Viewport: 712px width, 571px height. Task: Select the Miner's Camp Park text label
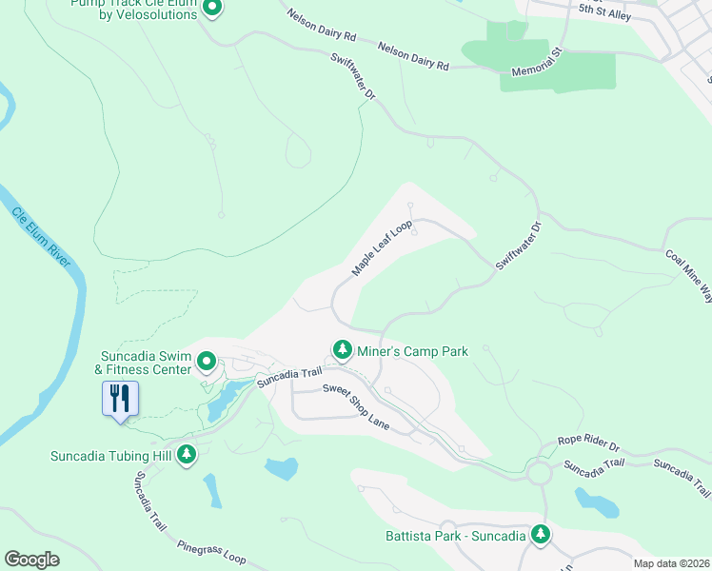tap(412, 351)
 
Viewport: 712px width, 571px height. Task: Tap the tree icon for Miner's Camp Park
tap(342, 351)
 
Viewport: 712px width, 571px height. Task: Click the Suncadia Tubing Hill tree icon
tap(188, 455)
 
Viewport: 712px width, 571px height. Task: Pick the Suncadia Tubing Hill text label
tap(110, 455)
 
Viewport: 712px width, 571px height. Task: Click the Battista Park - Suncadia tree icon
tap(541, 535)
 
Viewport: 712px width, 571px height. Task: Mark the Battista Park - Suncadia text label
tap(455, 536)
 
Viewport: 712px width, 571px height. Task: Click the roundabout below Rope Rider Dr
tap(541, 473)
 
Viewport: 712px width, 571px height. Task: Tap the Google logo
tap(32, 559)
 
